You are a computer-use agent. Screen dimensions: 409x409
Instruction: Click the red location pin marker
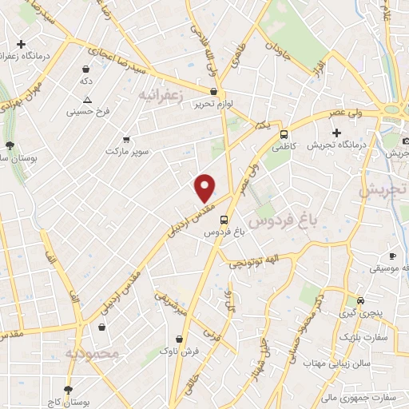point(205,187)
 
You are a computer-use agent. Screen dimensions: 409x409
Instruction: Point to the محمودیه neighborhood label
point(91,352)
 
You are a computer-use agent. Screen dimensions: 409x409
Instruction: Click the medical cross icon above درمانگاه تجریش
point(337,133)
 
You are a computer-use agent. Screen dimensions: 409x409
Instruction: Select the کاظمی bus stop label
point(283,146)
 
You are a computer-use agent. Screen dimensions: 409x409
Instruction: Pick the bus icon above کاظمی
point(283,132)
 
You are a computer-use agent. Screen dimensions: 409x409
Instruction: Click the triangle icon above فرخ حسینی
point(88,100)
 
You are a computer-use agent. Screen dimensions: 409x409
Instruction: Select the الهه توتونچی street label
point(252,261)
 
